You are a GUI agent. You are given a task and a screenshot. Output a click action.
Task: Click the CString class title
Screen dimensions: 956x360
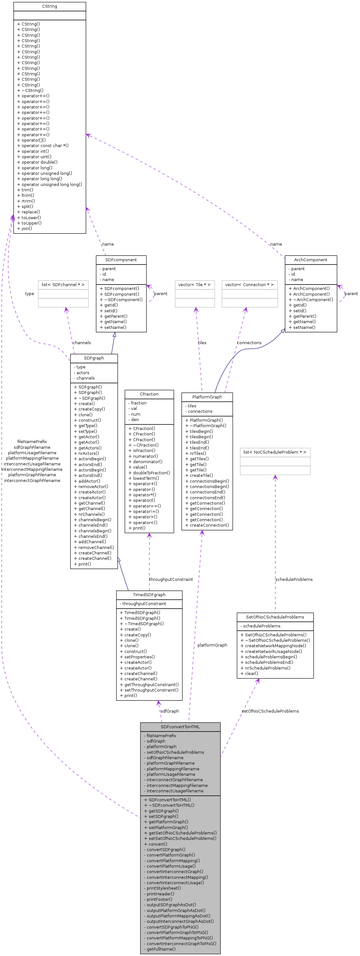(x=49, y=6)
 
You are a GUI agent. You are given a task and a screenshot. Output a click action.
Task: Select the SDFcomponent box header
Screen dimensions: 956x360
(x=121, y=260)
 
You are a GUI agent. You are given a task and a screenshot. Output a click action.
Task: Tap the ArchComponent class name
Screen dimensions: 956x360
(x=311, y=260)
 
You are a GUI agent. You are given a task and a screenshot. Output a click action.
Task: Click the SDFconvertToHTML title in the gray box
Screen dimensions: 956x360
(x=180, y=727)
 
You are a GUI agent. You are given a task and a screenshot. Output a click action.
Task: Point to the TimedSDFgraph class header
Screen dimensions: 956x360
(x=149, y=595)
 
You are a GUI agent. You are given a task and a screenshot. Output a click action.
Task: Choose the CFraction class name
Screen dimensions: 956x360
(x=149, y=394)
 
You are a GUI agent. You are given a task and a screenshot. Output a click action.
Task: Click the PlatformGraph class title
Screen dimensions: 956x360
(x=207, y=397)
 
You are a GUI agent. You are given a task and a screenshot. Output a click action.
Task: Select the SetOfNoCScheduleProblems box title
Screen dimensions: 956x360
(x=275, y=617)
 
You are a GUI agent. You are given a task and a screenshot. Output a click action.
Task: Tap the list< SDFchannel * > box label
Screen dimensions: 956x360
(x=63, y=285)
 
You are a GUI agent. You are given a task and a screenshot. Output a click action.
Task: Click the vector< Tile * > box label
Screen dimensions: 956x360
(x=194, y=285)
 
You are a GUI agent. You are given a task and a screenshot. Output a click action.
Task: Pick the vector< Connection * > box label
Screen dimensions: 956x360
(x=249, y=285)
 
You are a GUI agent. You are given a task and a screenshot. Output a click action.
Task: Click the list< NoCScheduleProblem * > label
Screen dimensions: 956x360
(x=275, y=452)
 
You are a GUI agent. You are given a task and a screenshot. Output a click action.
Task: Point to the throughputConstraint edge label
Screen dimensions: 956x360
(x=171, y=579)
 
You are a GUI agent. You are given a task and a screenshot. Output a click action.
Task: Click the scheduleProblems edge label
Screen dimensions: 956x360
(x=294, y=579)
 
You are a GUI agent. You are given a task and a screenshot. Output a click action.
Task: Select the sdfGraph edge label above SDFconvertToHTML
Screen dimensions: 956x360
(x=169, y=711)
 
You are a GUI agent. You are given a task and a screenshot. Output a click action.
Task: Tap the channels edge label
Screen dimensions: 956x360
(x=82, y=343)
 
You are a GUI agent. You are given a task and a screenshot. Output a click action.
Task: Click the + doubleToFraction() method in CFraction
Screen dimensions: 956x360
(x=151, y=473)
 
